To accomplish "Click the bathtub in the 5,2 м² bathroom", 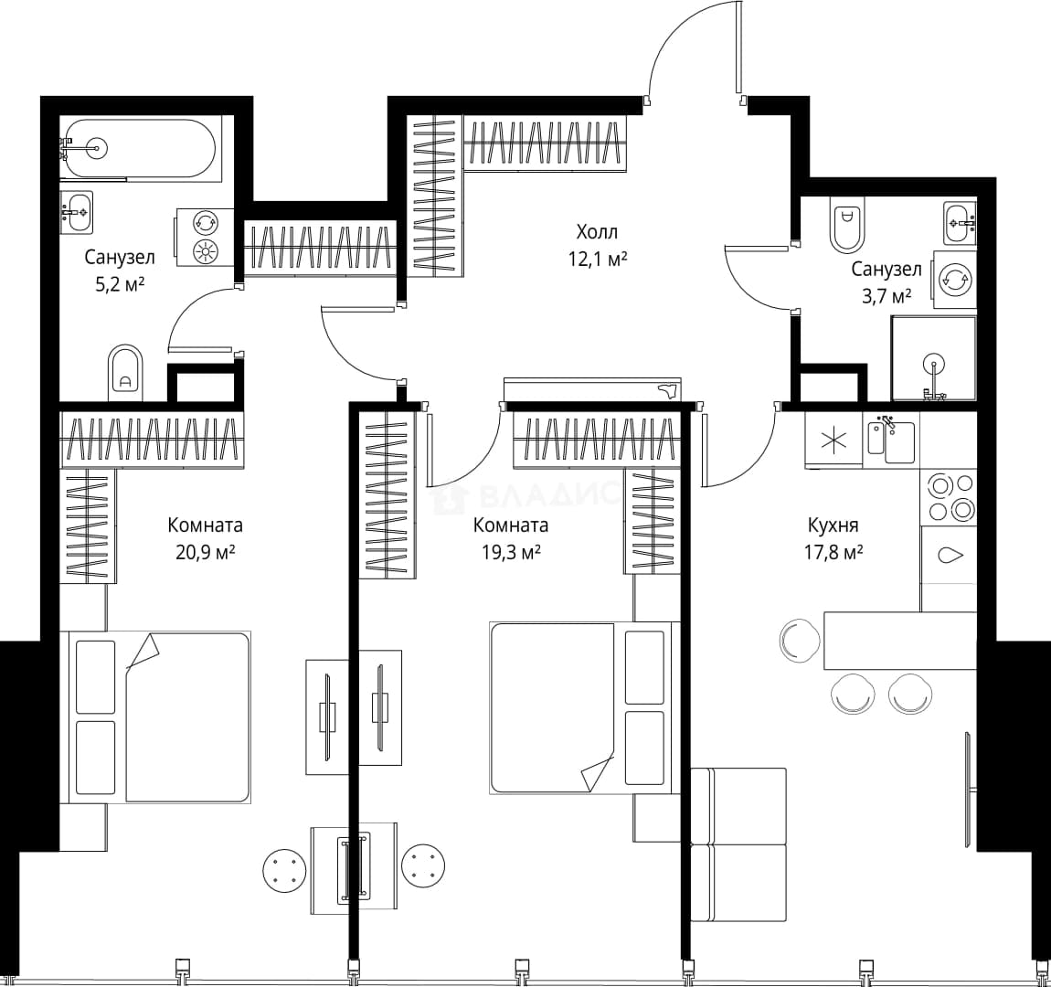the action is [142, 149].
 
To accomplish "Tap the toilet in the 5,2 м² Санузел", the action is [124, 373].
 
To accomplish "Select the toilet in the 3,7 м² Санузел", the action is [848, 223].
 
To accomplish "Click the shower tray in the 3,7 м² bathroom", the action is [934, 358].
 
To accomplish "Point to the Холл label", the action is [597, 232].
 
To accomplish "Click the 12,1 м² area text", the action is [598, 259].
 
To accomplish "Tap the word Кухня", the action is [833, 525].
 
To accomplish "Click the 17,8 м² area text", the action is [833, 552].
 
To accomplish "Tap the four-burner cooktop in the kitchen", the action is [949, 497].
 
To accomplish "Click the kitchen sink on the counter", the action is [891, 440].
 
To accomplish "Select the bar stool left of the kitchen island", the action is [800, 639].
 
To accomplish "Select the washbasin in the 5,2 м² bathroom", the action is [77, 212].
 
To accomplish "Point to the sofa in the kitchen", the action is [738, 845].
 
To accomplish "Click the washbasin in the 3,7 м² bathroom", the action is [960, 222].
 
